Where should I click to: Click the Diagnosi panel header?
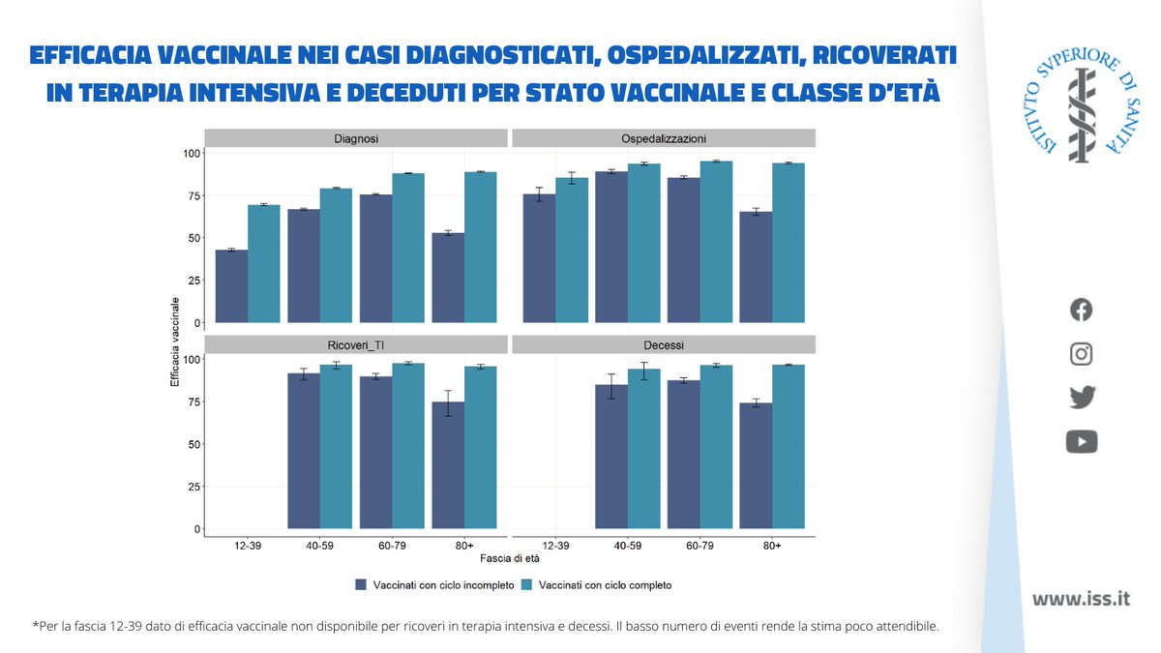pos(356,138)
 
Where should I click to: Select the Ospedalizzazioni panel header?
pos(664,138)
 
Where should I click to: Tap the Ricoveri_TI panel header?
pos(356,344)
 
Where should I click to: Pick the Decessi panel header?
pos(664,344)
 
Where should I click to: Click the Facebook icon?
pos(1082,310)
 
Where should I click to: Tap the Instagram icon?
pos(1082,354)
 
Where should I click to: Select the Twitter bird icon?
pos(1082,398)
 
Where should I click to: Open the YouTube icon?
pos(1082,442)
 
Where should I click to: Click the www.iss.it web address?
pos(1081,599)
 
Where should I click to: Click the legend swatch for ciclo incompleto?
pos(361,584)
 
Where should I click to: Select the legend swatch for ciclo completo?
pos(526,584)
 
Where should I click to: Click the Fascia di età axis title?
pos(510,558)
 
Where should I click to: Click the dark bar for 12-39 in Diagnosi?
pos(232,286)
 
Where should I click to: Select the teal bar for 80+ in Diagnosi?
pos(481,247)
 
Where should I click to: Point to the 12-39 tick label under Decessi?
pos(556,546)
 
